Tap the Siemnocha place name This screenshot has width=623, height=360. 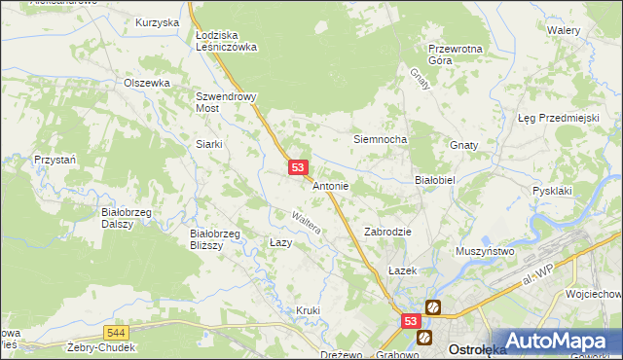click(379, 139)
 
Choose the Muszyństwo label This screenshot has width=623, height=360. click(484, 251)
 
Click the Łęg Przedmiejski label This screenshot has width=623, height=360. click(557, 118)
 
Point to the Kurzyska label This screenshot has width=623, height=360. click(158, 22)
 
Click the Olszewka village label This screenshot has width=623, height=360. click(147, 84)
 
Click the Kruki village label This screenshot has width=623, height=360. click(308, 310)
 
